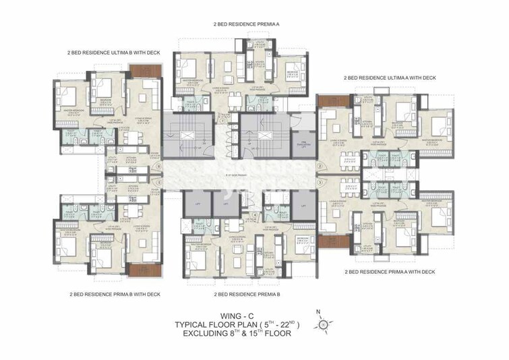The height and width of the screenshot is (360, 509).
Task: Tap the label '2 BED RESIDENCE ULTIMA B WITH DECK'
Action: point(115,51)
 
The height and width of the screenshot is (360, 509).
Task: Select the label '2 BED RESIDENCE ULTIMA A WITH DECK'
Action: point(389,78)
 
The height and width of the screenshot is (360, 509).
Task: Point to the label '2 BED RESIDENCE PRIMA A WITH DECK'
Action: point(390,272)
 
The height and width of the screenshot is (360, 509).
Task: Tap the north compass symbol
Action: point(324,324)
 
